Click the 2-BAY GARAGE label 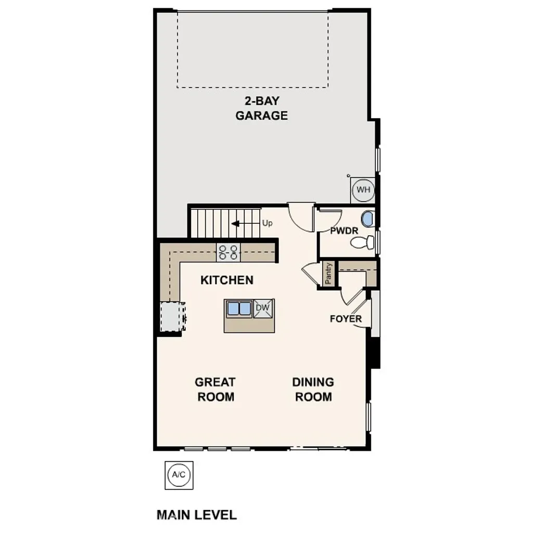tap(261, 108)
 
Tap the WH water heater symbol tap(363, 190)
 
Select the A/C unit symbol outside tap(179, 475)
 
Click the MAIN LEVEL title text tap(197, 515)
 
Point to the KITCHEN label tap(227, 280)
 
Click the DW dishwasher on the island tap(263, 309)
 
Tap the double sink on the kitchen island tap(239, 309)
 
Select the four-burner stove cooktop tap(229, 252)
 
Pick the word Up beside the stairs tap(268, 223)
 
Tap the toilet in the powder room tap(362, 242)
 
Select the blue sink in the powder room tap(367, 219)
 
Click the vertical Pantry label tap(328, 273)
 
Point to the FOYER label tap(346, 319)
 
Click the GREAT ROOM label tap(215, 389)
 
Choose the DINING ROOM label tap(313, 389)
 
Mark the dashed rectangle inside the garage tap(252, 49)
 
